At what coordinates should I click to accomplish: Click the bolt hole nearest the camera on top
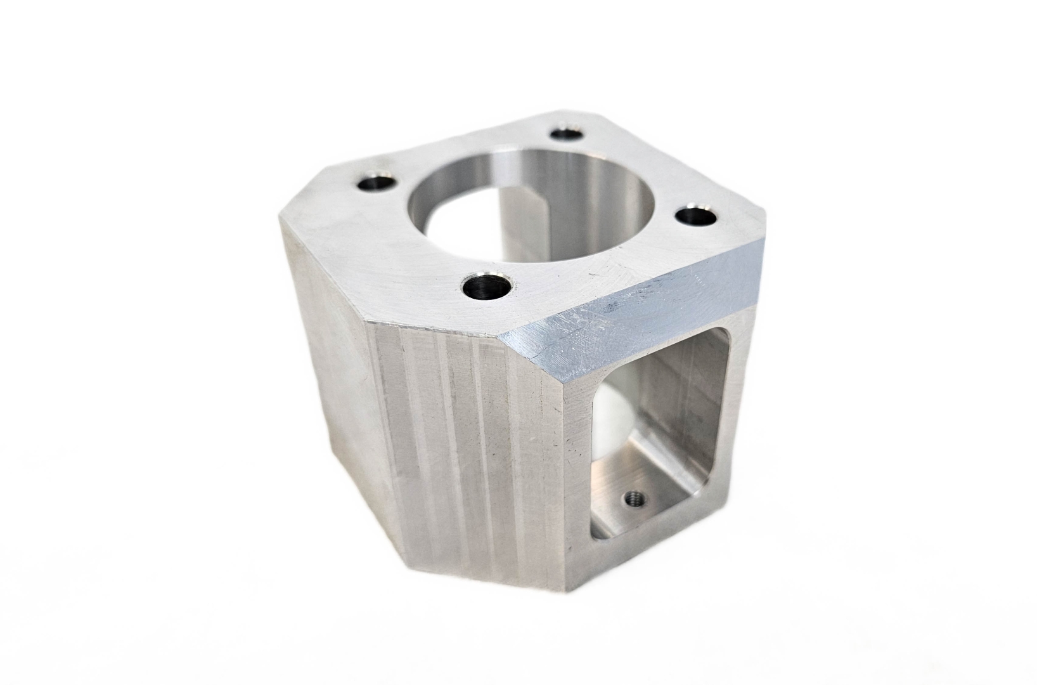click(487, 287)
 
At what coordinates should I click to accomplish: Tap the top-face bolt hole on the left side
click(376, 185)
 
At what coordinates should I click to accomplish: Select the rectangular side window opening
click(659, 431)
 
